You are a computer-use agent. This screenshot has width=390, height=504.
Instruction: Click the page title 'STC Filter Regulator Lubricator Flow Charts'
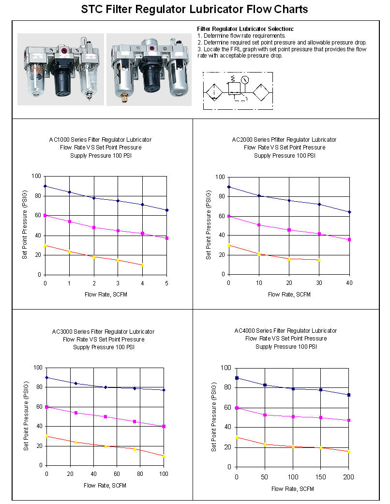(x=195, y=9)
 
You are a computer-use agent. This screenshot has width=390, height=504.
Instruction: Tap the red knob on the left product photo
(x=63, y=49)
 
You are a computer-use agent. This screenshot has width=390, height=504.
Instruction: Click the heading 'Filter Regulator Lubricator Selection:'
(x=245, y=29)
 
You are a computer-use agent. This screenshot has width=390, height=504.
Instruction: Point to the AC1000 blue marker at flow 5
(x=167, y=210)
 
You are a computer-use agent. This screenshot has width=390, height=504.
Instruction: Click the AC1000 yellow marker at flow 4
(x=142, y=265)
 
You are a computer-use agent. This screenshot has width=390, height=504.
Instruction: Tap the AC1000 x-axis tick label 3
(x=118, y=283)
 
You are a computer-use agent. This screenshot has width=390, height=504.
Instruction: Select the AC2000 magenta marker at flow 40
(x=349, y=239)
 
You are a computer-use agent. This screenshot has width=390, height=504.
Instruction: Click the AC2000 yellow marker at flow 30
(x=319, y=260)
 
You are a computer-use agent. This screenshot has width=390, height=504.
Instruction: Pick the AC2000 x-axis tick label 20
(x=289, y=282)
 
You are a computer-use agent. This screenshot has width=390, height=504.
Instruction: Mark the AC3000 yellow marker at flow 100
(x=164, y=456)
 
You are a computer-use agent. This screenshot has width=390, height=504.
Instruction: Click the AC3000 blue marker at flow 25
(x=75, y=383)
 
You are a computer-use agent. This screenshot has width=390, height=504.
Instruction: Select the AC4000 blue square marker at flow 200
(x=349, y=395)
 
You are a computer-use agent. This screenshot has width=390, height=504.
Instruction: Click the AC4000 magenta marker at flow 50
(x=265, y=415)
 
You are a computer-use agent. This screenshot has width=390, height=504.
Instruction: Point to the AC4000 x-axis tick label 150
(x=321, y=477)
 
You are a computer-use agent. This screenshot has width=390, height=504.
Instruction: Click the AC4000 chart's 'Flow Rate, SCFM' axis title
(x=293, y=489)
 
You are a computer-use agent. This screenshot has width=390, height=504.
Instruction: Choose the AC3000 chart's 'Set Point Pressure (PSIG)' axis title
(x=26, y=416)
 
